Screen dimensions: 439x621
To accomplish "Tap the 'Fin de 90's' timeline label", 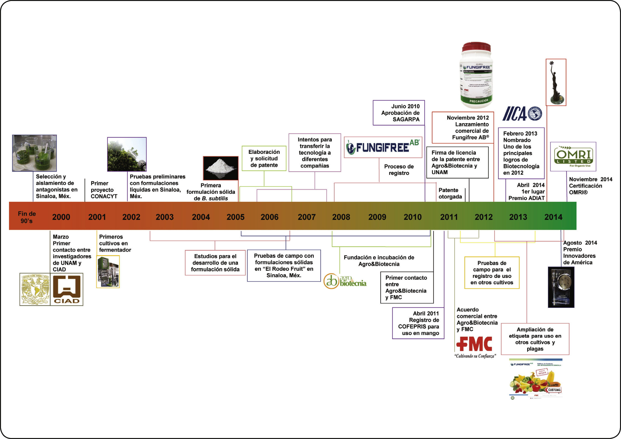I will [27, 217].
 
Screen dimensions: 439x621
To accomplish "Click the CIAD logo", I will [67, 289].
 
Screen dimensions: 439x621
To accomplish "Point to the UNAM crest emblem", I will [35, 289].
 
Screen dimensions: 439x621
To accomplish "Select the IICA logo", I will [522, 113].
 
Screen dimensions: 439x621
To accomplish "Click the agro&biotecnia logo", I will [345, 281].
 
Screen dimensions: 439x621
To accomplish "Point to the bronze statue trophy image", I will [556, 82].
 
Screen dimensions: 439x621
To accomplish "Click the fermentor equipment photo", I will [108, 271].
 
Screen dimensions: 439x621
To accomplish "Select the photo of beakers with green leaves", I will [34, 153].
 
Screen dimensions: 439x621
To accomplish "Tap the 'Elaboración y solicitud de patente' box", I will [264, 158].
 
